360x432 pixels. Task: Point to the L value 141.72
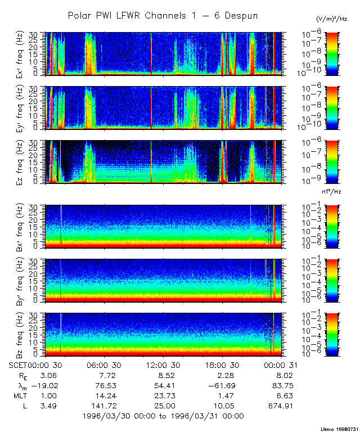click(101, 406)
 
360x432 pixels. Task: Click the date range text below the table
click(163, 416)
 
